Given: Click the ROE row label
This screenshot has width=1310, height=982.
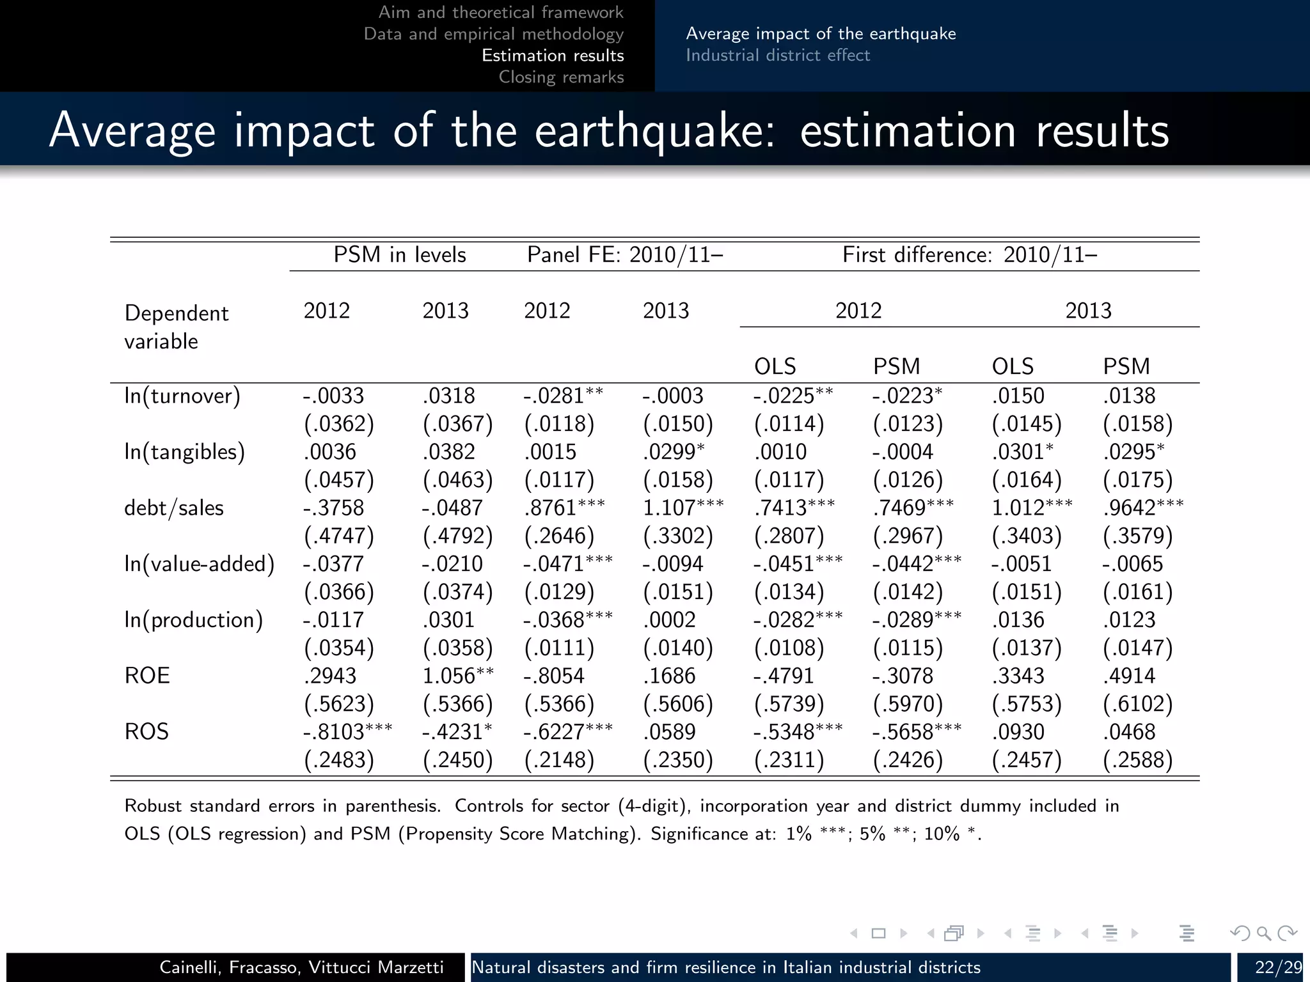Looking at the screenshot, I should [x=147, y=676].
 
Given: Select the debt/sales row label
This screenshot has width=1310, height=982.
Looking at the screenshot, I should [x=174, y=508].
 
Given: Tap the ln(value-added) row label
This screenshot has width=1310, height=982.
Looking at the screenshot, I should [x=199, y=564].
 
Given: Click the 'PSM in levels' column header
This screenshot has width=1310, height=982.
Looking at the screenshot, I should [x=400, y=255].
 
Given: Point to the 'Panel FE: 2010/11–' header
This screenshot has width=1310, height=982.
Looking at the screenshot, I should [x=625, y=255].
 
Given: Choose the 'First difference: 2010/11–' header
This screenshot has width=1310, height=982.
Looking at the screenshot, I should [x=970, y=255].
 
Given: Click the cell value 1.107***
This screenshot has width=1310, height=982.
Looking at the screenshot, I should [x=683, y=508].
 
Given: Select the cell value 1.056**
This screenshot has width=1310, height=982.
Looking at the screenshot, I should [x=458, y=676].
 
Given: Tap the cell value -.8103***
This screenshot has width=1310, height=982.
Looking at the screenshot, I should [x=347, y=731].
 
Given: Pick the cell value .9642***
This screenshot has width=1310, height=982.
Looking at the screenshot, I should [x=1143, y=508].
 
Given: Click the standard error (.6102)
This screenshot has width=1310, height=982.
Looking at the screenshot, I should [x=1138, y=704].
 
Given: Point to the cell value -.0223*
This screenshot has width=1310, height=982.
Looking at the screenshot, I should [x=907, y=396].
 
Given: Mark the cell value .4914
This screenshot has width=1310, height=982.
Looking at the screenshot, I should [x=1129, y=676].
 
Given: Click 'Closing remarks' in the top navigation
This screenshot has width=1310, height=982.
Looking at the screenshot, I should [x=561, y=77].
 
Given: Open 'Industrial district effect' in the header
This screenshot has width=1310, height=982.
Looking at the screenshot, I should [x=778, y=56].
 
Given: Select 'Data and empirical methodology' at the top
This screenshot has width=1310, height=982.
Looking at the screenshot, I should [x=493, y=34].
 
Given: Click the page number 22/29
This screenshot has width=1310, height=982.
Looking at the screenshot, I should [x=1278, y=967].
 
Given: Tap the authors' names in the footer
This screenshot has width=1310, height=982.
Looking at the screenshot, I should [x=301, y=967].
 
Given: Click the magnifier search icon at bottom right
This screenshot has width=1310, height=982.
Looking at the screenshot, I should [x=1263, y=933].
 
